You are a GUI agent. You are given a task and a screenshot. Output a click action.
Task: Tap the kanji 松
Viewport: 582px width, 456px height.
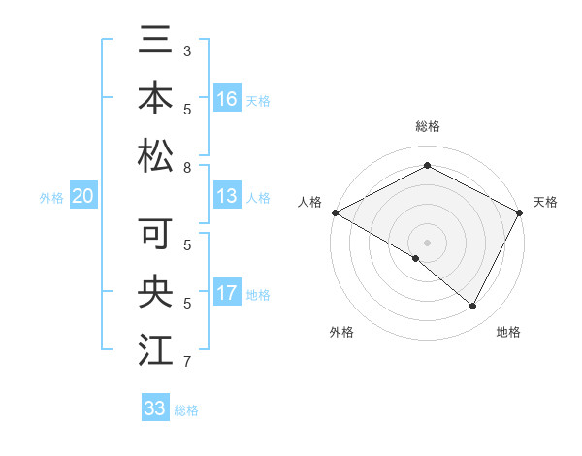pos(155,155)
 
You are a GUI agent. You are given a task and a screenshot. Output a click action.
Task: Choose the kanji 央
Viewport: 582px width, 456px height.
pos(155,291)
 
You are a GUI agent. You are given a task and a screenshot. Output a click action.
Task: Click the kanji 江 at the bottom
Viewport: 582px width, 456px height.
pos(155,348)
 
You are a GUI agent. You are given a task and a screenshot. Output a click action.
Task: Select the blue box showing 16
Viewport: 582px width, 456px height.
pos(227,99)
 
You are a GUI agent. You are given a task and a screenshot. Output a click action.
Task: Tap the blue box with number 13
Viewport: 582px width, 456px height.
pos(227,197)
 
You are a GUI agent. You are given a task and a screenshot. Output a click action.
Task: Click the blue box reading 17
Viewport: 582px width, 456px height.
pos(227,293)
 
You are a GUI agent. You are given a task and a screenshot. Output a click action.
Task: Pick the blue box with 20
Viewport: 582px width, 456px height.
pos(82,197)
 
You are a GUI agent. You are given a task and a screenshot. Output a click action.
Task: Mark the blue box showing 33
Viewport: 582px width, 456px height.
pos(154,408)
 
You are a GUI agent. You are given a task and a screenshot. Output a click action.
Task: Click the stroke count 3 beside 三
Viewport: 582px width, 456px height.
pos(186,49)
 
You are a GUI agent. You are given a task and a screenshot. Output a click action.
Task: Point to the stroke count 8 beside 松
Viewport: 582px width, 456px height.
pos(186,168)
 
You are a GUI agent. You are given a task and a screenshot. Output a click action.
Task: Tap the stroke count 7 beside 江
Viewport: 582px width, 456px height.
pos(186,362)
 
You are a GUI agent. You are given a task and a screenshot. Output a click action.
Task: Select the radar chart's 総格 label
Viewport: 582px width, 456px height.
pos(427,126)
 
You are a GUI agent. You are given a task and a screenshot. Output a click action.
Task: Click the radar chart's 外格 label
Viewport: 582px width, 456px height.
pos(341,332)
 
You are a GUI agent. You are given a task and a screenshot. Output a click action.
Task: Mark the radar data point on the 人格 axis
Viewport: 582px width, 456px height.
pos(335,212)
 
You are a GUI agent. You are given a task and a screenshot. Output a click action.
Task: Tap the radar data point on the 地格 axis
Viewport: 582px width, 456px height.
pos(473,307)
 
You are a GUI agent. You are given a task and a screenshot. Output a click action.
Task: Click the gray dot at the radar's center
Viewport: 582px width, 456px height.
pos(427,242)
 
